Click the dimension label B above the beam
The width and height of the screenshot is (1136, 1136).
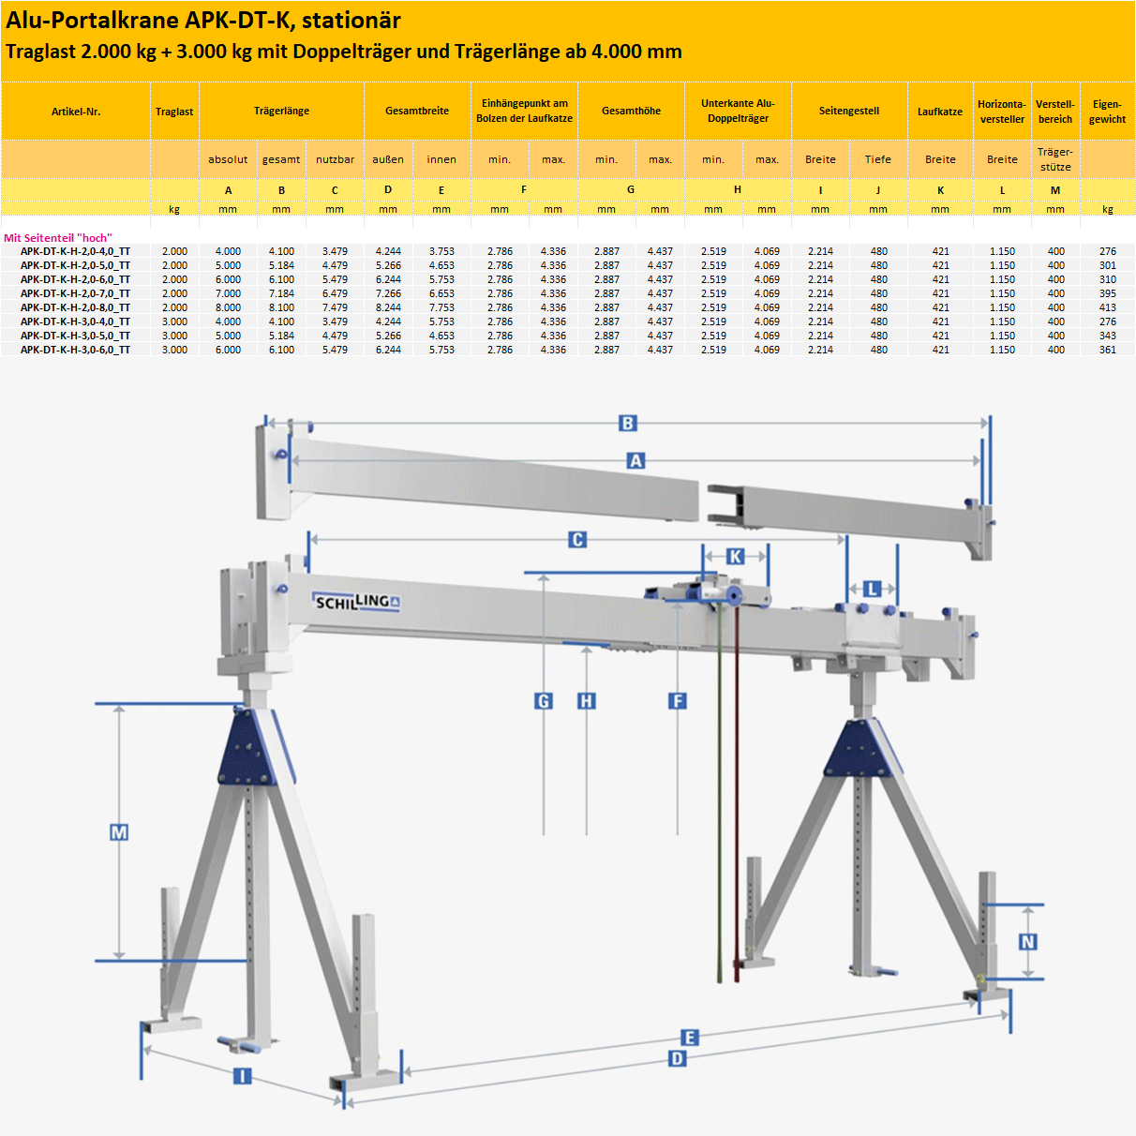tap(628, 424)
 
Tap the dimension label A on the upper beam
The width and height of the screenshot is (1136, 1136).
tap(636, 461)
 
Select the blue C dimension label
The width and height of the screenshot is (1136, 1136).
tap(577, 540)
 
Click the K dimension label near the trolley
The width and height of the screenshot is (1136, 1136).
tap(736, 557)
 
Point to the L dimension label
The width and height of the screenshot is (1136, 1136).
tap(872, 590)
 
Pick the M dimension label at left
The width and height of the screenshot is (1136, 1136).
tap(119, 832)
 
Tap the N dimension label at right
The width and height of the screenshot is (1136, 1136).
tap(1027, 942)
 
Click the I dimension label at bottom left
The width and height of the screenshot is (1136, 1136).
tap(242, 1076)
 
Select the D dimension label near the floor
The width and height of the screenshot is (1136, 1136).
tap(677, 1059)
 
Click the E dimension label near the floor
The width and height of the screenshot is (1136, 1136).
tap(689, 1038)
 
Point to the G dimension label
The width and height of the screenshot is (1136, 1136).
tap(544, 701)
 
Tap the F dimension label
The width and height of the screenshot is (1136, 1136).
tap(678, 701)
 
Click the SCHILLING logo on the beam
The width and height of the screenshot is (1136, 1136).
tap(356, 602)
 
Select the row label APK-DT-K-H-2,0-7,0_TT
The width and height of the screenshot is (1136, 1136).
tap(75, 293)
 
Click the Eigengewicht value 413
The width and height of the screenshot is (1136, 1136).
tap(1107, 307)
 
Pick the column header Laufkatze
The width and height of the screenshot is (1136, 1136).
tap(939, 112)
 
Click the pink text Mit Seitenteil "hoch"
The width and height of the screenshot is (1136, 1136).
tap(58, 238)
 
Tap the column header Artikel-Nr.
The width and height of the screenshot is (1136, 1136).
tap(76, 112)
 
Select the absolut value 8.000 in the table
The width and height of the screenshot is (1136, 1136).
tap(228, 307)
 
